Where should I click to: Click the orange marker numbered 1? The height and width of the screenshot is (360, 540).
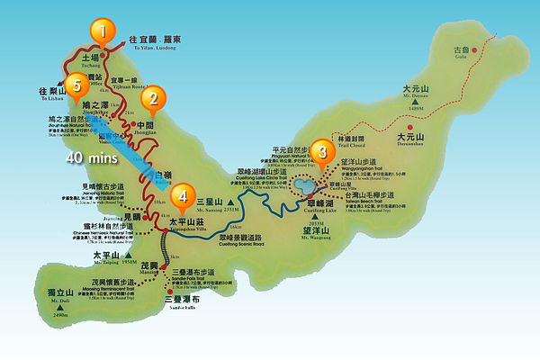[x=103, y=32]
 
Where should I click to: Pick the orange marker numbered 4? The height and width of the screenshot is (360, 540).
[x=183, y=195]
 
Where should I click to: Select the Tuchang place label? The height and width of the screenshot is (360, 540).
[x=94, y=57]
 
